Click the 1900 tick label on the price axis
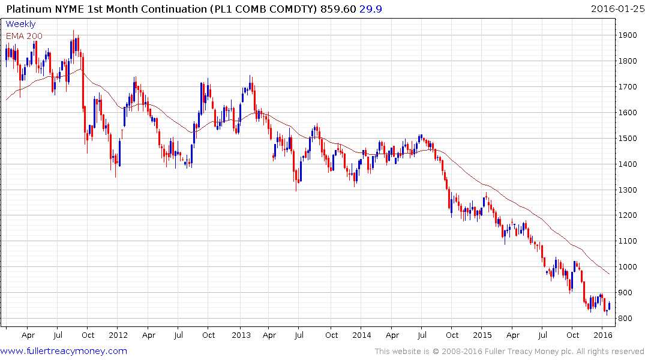click(x=628, y=35)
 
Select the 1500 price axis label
click(x=628, y=139)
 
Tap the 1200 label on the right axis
click(x=628, y=215)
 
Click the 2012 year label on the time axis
click(x=118, y=335)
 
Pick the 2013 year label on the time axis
click(x=241, y=335)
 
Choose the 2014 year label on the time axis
click(x=362, y=335)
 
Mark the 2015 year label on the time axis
click(x=483, y=335)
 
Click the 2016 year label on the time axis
click(x=603, y=335)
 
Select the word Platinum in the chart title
click(x=28, y=8)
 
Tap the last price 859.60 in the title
click(x=340, y=8)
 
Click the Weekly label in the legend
click(x=20, y=25)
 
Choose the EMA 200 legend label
click(x=24, y=36)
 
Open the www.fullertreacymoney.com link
click(x=64, y=351)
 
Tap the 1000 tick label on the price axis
click(x=628, y=267)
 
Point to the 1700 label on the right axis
click(x=628, y=87)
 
